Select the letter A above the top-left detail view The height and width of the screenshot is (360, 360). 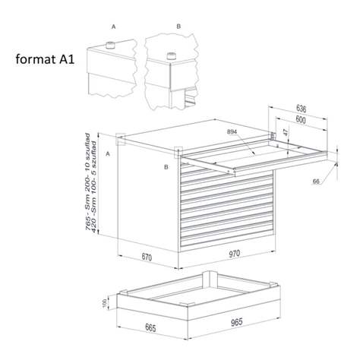(x=113, y=26)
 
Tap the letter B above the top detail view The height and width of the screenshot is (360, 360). (x=178, y=26)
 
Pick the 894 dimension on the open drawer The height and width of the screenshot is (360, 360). (x=233, y=132)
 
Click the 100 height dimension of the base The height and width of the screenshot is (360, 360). (x=115, y=304)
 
